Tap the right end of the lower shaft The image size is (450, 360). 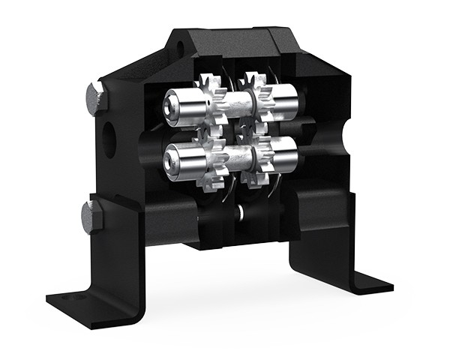click(289, 154)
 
